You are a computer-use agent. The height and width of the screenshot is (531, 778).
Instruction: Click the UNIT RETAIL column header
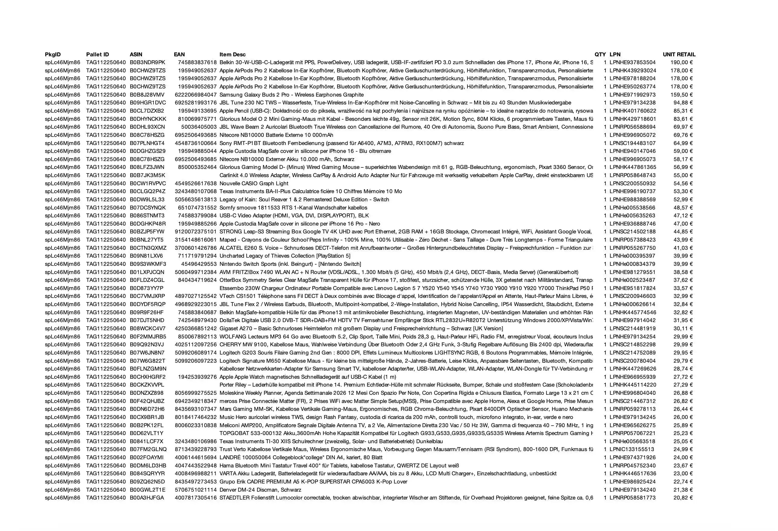pyautogui.click(x=679, y=54)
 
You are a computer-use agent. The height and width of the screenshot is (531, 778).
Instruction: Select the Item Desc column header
pyautogui.click(x=232, y=54)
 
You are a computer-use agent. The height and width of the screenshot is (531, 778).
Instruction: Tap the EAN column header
pyautogui.click(x=179, y=54)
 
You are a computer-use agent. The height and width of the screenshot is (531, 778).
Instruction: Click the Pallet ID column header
pyautogui.click(x=97, y=54)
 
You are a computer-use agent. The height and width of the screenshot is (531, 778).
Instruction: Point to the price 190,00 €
pyautogui.click(x=682, y=63)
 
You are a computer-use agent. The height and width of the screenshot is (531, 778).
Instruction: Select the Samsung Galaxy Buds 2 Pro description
pyautogui.click(x=291, y=95)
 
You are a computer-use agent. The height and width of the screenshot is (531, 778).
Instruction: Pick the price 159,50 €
pyautogui.click(x=682, y=95)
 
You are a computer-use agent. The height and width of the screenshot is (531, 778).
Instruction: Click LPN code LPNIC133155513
pyautogui.click(x=632, y=449)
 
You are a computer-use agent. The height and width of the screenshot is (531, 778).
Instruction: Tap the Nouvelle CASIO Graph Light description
pyautogui.click(x=254, y=183)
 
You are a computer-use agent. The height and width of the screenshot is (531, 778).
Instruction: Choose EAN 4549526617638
pyautogui.click(x=196, y=183)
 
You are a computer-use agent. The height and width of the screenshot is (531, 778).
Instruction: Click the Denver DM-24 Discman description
pyautogui.click(x=260, y=490)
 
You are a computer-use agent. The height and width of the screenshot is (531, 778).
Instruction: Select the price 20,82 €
pyautogui.click(x=683, y=498)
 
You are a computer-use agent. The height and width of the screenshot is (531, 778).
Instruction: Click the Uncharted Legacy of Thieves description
pyautogui.click(x=285, y=256)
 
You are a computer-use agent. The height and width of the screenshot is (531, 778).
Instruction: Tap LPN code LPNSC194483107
pyautogui.click(x=632, y=143)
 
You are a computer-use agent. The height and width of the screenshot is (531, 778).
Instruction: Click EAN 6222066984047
pyautogui.click(x=196, y=95)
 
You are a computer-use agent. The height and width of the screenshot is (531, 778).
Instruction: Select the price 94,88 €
pyautogui.click(x=683, y=103)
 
